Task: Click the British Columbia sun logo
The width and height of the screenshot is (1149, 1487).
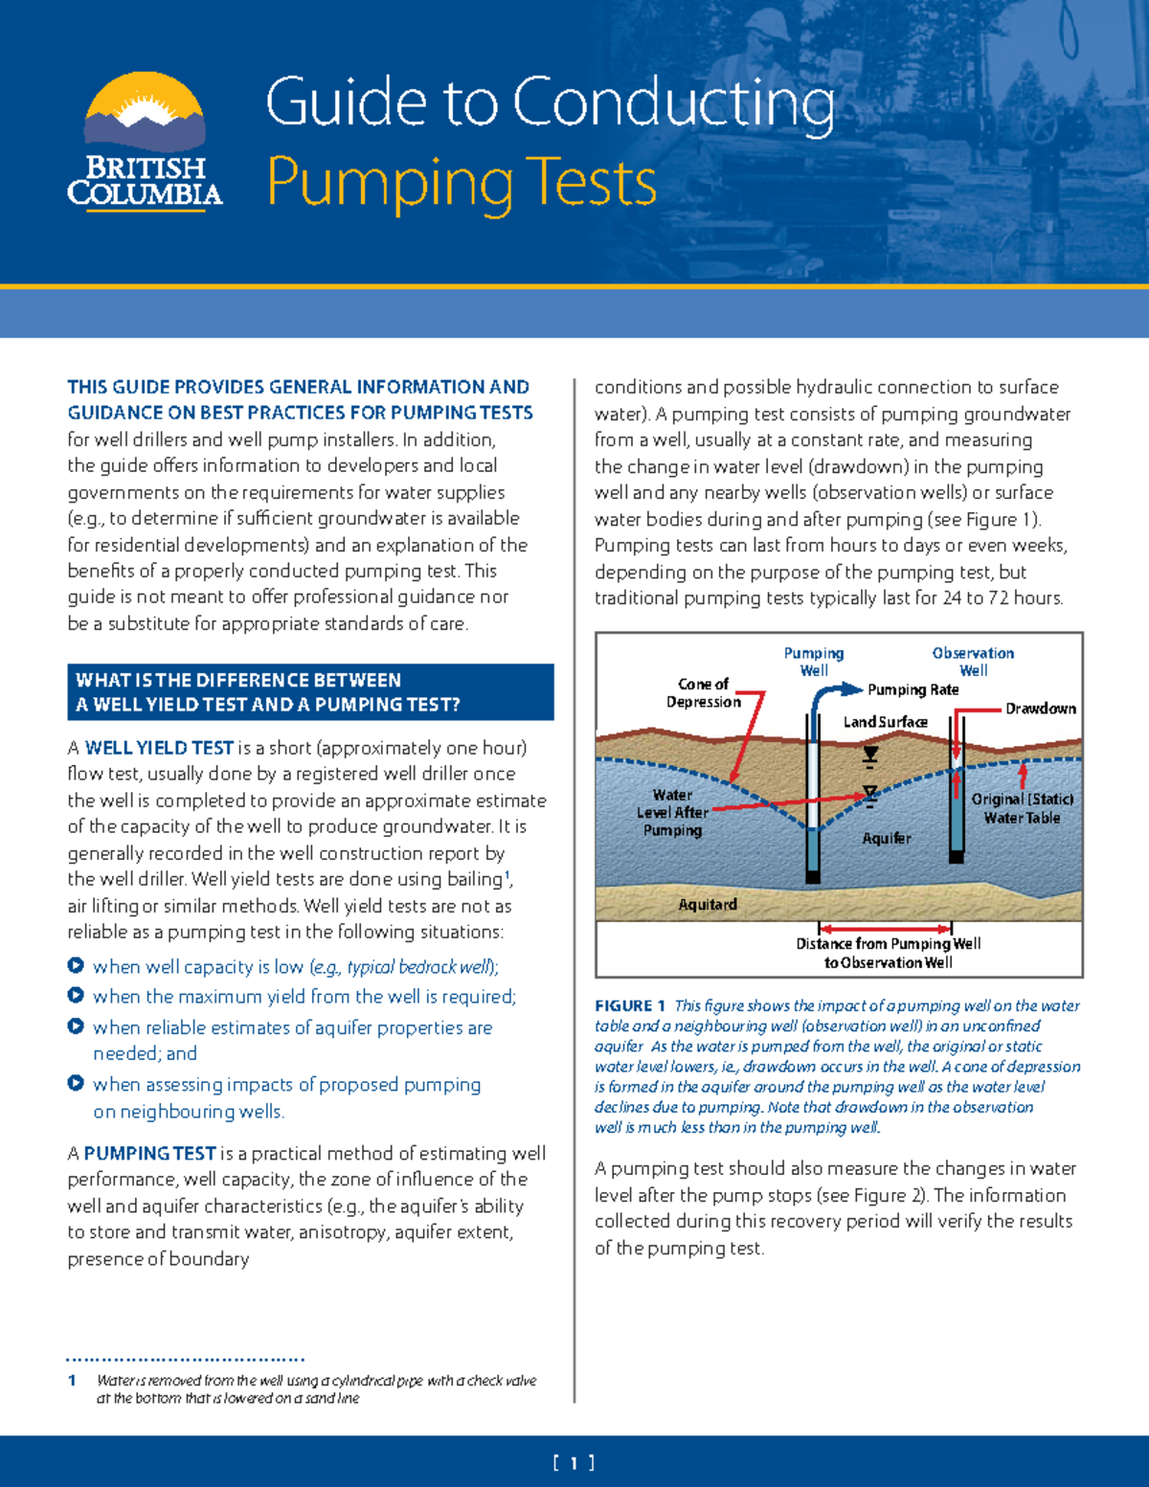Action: [x=145, y=113]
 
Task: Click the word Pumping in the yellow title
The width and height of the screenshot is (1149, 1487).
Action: [x=389, y=182]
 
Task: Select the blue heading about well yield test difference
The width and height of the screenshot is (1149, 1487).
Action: [x=309, y=691]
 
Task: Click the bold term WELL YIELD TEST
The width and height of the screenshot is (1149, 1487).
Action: [x=159, y=748]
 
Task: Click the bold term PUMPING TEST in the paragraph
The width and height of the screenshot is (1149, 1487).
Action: [x=149, y=1153]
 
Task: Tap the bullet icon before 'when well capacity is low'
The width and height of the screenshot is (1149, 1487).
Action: [x=76, y=965]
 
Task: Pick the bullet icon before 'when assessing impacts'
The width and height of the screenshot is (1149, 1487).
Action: [x=76, y=1083]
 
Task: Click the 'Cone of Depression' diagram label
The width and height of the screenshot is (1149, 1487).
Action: [x=704, y=692]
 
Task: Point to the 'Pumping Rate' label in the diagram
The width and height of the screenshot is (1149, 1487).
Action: [x=912, y=689]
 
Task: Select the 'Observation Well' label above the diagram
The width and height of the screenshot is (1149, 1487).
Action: [x=973, y=661]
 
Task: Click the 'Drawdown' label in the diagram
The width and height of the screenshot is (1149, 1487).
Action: [x=1040, y=709]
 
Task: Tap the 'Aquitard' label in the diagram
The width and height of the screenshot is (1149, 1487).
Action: [x=708, y=904]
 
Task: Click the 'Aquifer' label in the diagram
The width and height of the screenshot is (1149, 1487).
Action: [x=887, y=838]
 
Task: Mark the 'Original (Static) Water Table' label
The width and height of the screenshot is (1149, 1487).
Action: [x=1022, y=808]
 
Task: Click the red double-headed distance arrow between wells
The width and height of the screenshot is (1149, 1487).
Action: [x=885, y=928]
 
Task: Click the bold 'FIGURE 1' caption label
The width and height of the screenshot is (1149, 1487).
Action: [x=630, y=1005]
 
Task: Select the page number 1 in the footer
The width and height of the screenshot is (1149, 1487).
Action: [x=574, y=1462]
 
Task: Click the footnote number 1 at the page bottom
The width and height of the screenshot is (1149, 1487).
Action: [x=73, y=1381]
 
